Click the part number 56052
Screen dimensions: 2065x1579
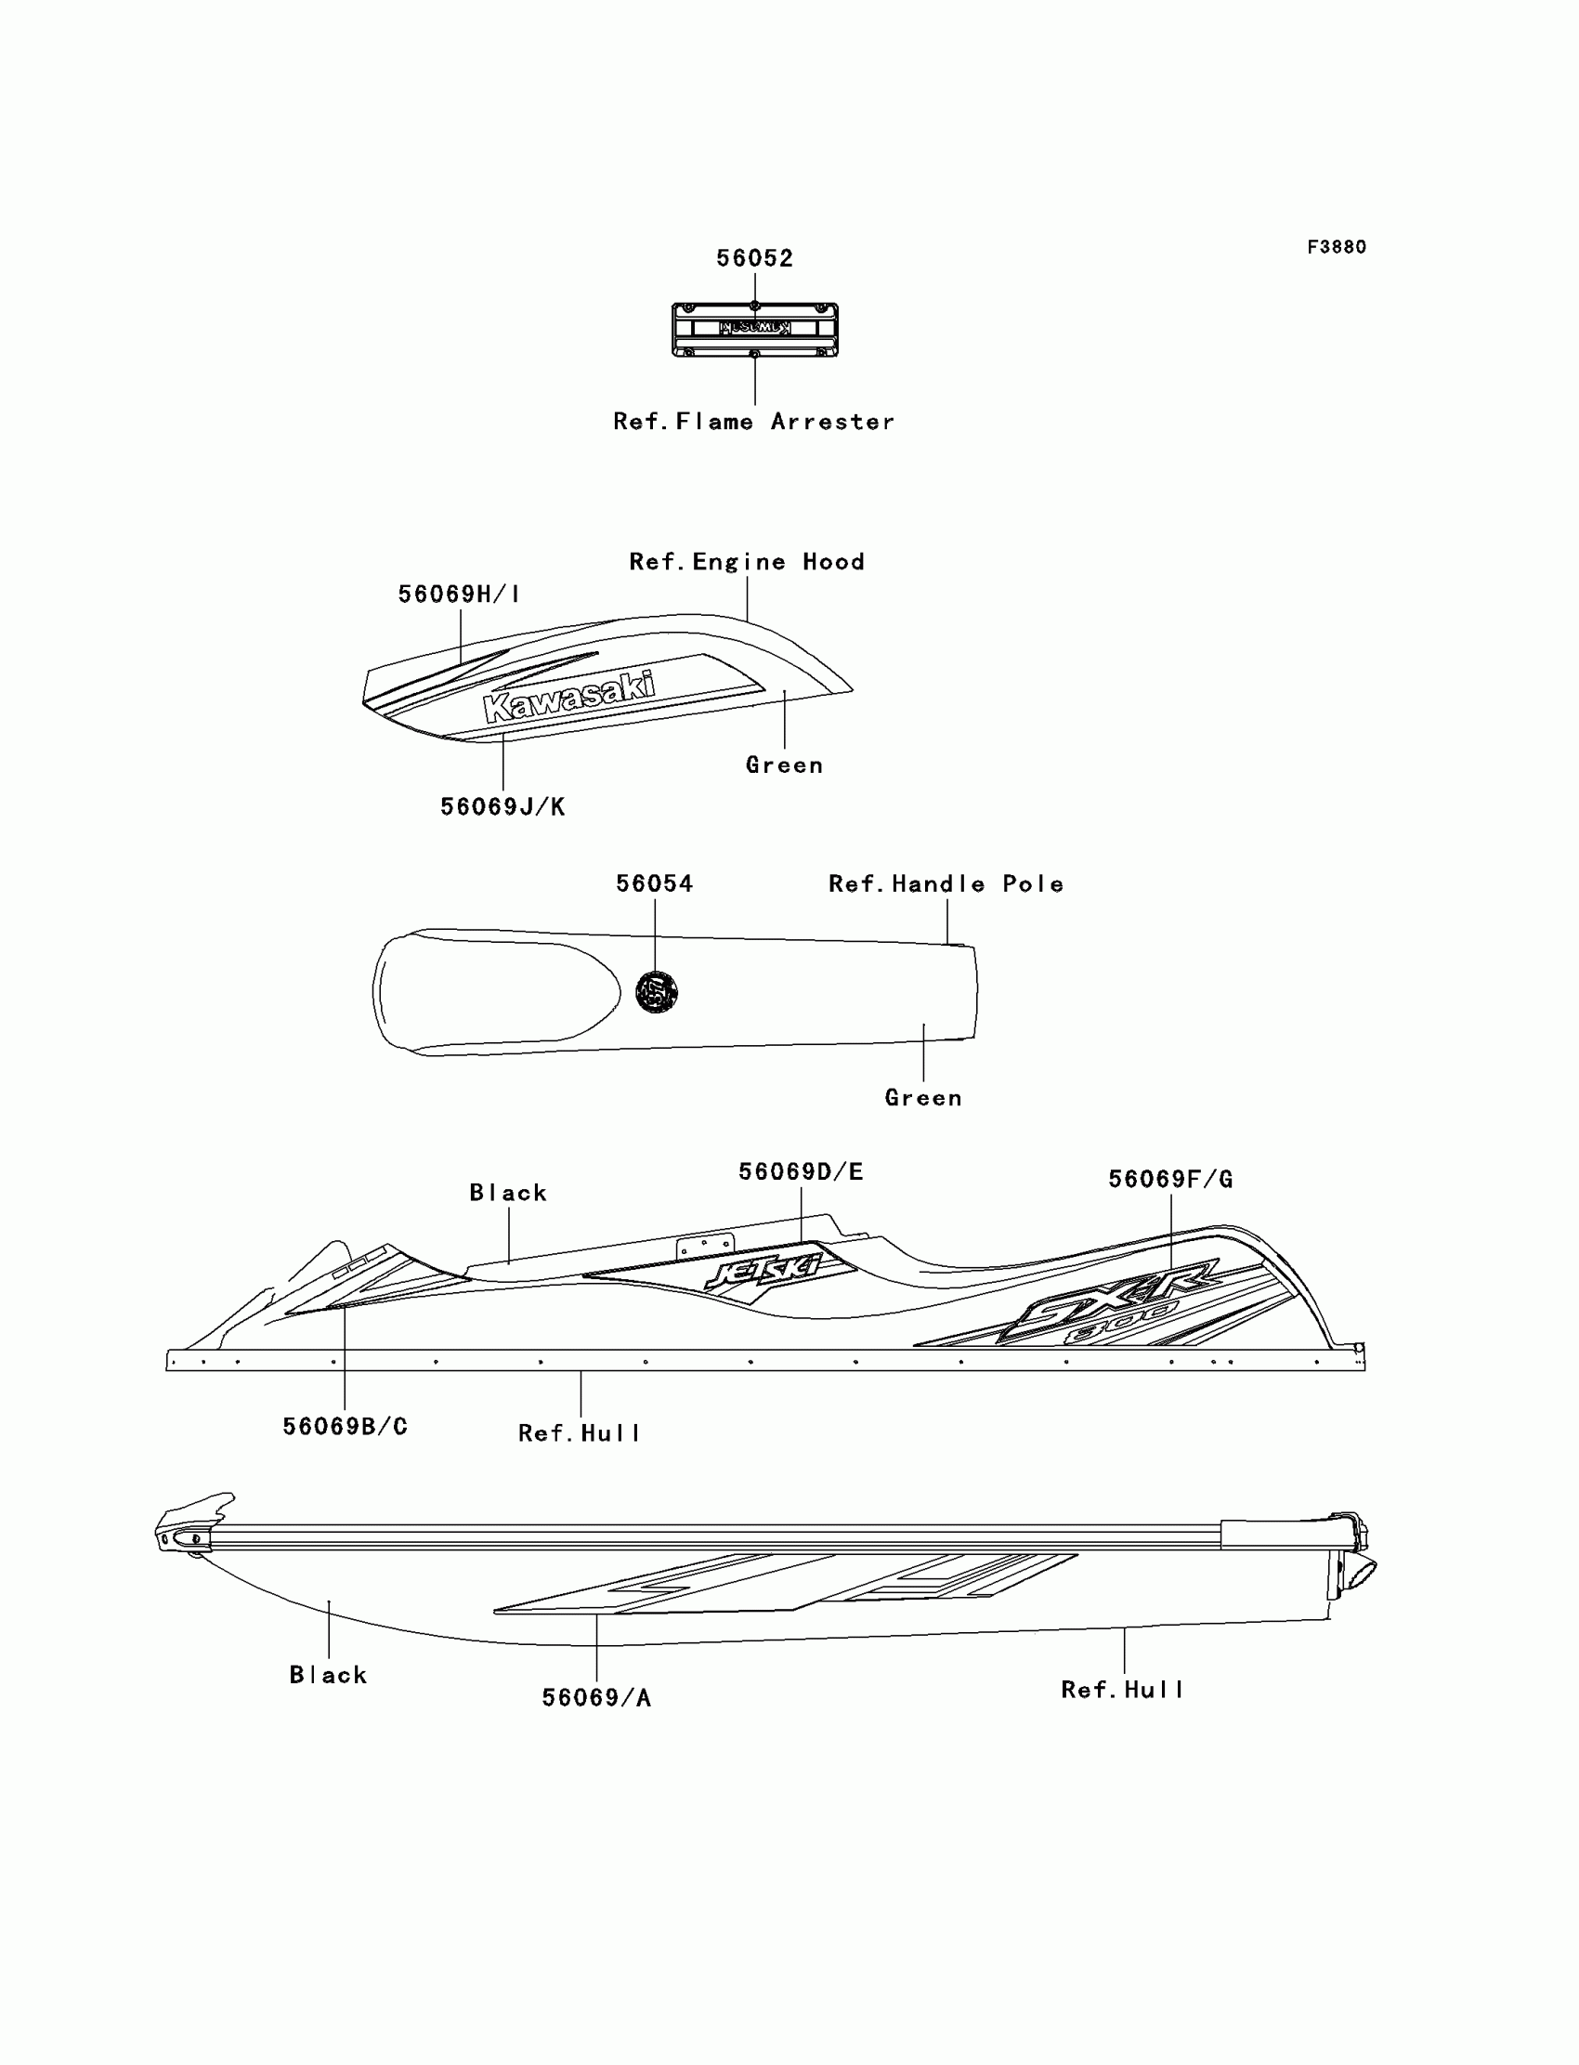click(x=755, y=258)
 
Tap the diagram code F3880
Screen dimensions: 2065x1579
click(x=1337, y=247)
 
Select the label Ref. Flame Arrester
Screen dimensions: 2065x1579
click(x=754, y=422)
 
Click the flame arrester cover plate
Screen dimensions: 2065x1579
click(x=755, y=330)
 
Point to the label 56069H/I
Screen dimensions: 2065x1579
click(x=459, y=594)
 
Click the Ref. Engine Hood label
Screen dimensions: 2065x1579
click(x=747, y=562)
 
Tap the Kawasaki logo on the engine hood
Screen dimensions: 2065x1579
click(x=569, y=697)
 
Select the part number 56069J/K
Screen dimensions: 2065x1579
click(x=502, y=807)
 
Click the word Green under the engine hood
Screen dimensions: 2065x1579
click(x=785, y=766)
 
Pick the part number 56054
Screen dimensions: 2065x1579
click(x=654, y=884)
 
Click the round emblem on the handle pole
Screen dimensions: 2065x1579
click(x=656, y=991)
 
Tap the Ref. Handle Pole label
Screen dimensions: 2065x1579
click(x=946, y=884)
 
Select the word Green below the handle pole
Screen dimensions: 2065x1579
click(x=924, y=1099)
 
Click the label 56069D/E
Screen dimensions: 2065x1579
click(x=801, y=1172)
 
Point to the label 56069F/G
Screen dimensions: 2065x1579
click(x=1170, y=1180)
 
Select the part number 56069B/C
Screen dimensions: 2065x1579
click(x=345, y=1427)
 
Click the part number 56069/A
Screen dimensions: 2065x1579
click(x=597, y=1698)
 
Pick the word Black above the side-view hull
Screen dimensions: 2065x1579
click(x=508, y=1194)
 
